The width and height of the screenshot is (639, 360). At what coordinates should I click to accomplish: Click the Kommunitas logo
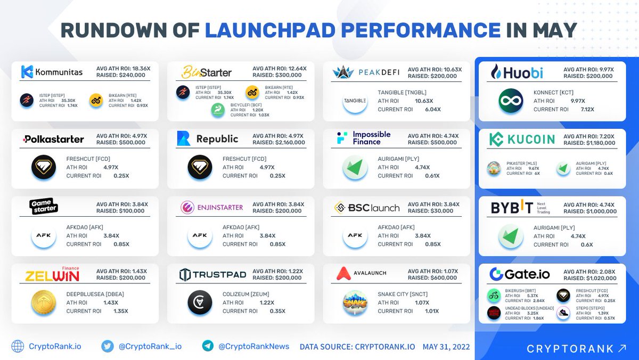point(52,72)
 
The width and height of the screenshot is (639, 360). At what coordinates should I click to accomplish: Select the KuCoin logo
point(515,140)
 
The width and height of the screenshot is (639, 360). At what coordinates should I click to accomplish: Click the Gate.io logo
point(519,274)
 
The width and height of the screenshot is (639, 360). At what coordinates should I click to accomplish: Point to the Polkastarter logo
point(53,140)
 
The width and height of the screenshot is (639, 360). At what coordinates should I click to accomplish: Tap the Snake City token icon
point(355,302)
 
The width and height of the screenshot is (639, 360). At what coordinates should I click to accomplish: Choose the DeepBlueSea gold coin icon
point(44,302)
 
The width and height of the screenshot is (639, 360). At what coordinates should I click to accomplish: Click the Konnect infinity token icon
point(510,101)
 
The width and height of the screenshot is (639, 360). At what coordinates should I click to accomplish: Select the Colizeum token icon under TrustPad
point(200,302)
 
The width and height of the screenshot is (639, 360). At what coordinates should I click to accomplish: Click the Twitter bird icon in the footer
point(107,346)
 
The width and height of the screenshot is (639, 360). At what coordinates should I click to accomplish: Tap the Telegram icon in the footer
point(208,346)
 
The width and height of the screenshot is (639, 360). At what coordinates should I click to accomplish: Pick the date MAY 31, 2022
point(446,347)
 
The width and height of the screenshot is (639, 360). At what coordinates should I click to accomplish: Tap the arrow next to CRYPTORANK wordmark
point(622,349)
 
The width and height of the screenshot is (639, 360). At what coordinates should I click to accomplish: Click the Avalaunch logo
point(362,274)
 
